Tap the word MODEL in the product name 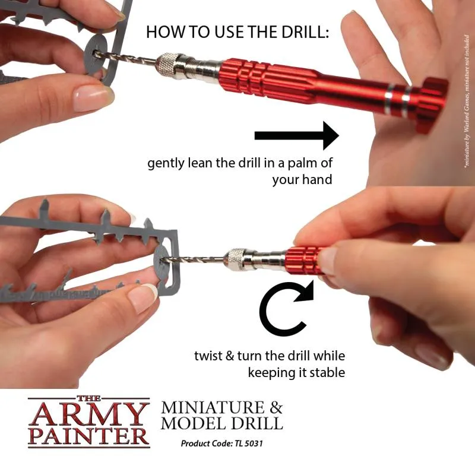pos(195,424)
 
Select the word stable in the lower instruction pos(326,372)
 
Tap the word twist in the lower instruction pos(208,356)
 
